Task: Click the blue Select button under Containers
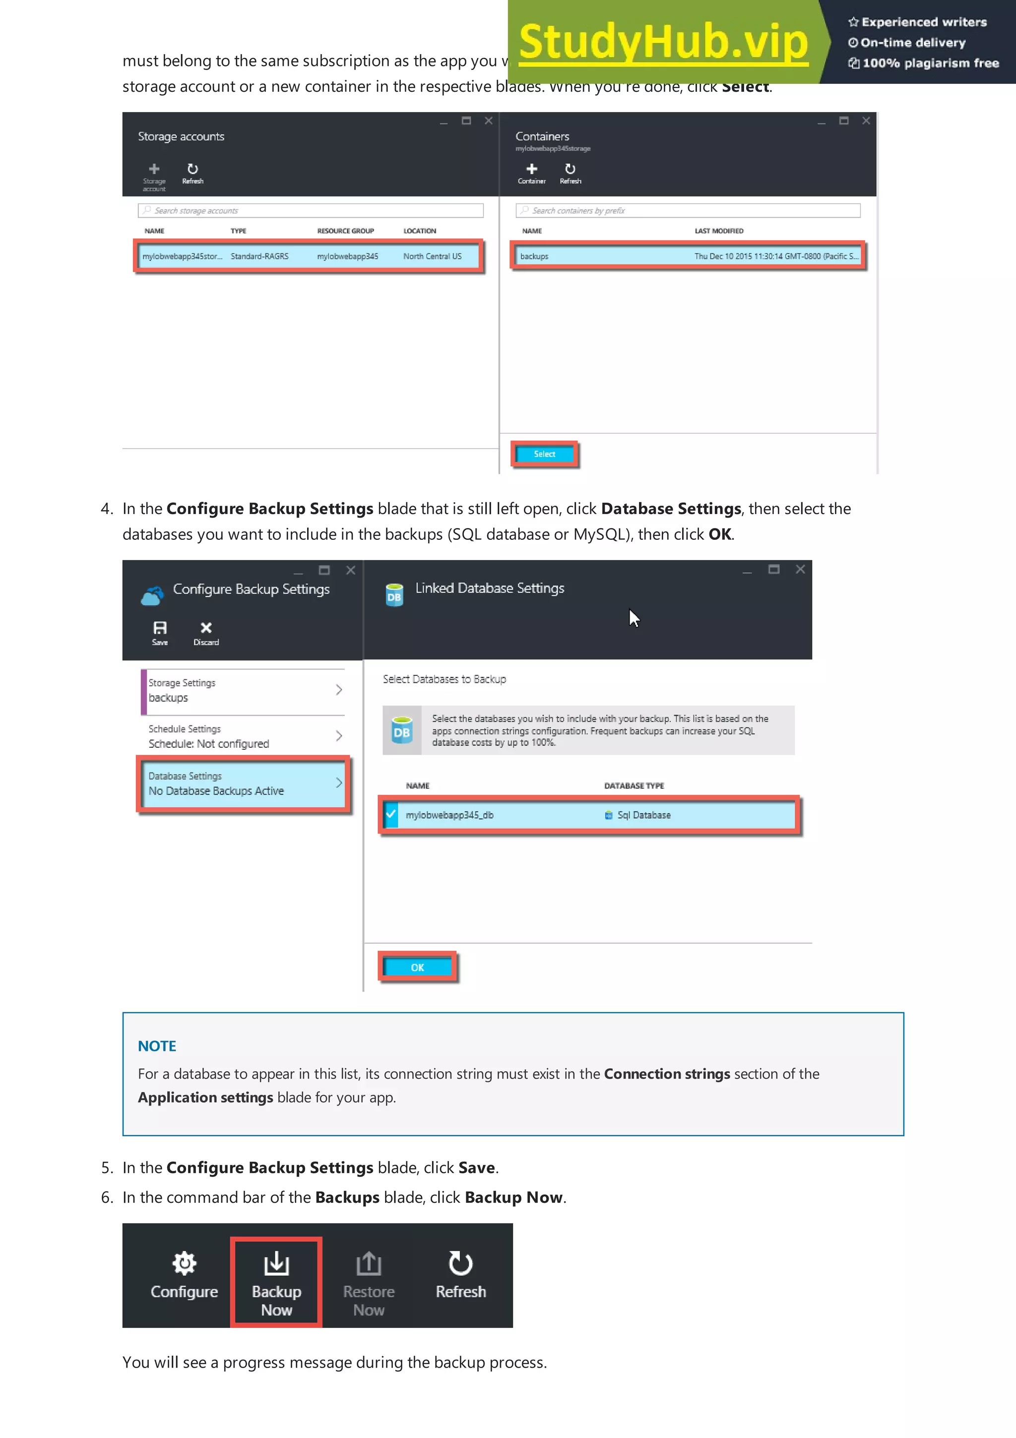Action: tap(544, 454)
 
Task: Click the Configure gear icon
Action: tap(184, 1264)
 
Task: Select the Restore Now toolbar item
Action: tap(369, 1281)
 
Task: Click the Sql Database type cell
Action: tap(643, 815)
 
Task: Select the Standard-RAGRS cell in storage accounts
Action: tap(259, 256)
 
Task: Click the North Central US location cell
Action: tap(432, 256)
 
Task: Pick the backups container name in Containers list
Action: tap(534, 256)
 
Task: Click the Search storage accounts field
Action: tap(311, 210)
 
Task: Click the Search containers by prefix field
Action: tap(688, 210)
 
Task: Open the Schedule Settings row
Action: tap(244, 736)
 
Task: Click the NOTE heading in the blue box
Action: tap(157, 1046)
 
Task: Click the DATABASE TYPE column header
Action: tap(634, 785)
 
